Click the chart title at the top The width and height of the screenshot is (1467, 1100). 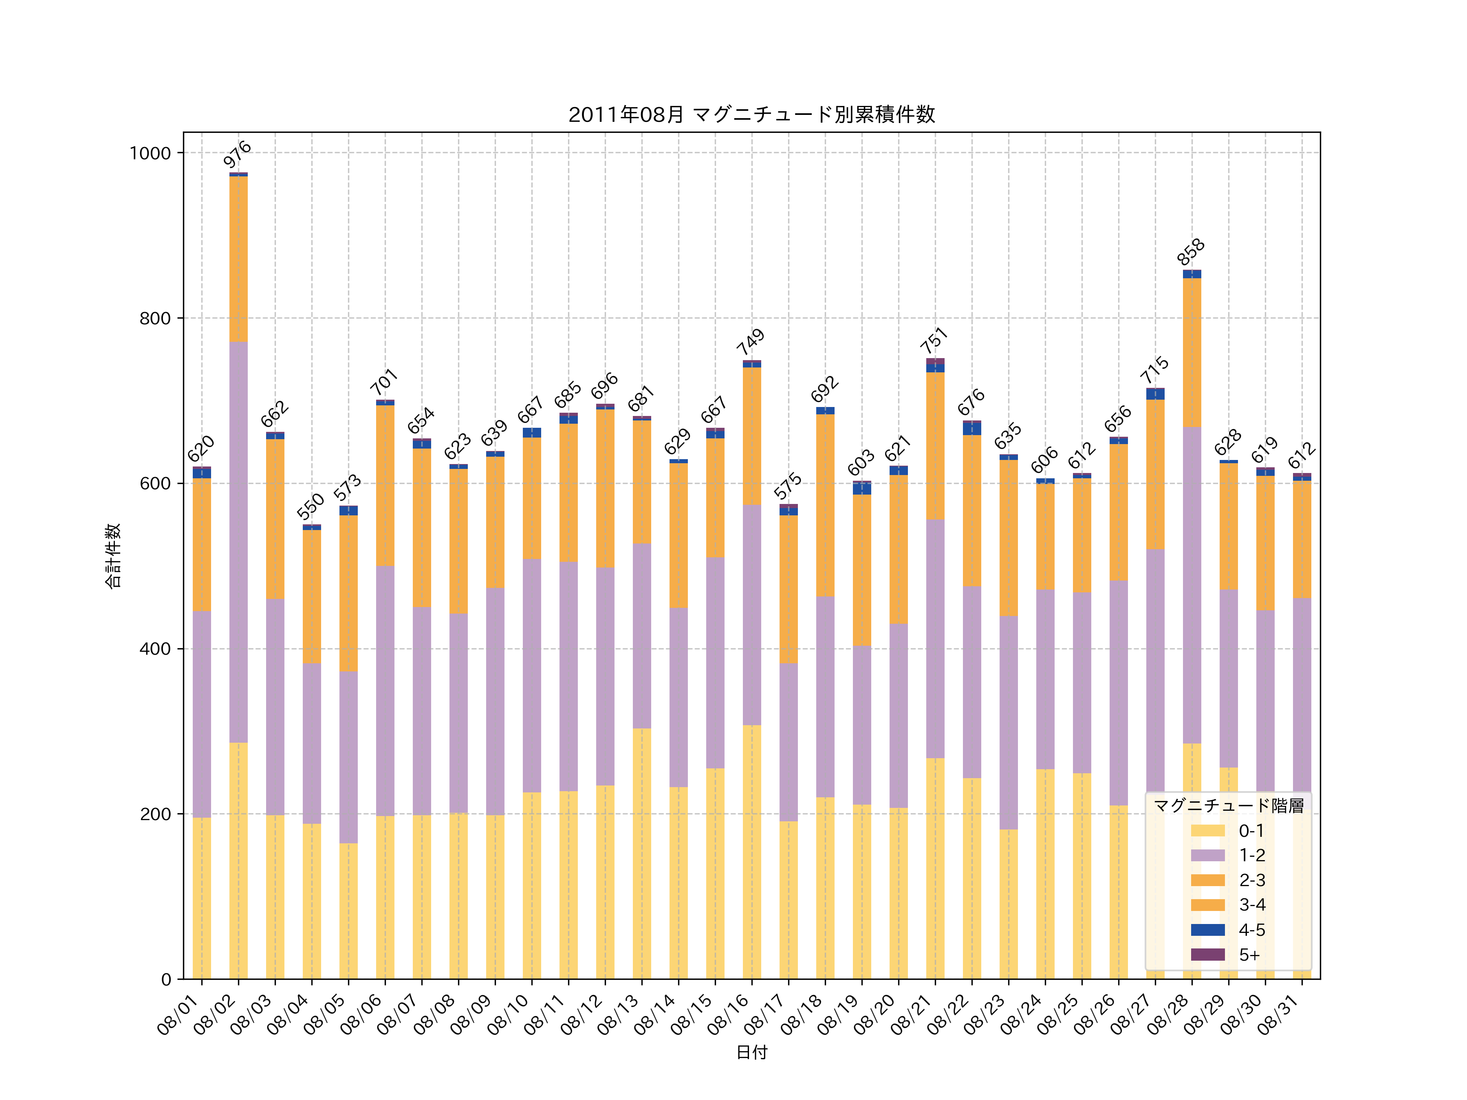click(751, 115)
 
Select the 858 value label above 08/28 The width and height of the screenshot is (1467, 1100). click(1191, 252)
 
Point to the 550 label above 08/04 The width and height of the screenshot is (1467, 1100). click(311, 506)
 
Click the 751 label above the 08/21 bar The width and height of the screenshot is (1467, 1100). click(934, 341)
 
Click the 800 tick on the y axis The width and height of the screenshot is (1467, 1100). click(154, 318)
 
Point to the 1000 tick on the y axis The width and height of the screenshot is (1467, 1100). click(150, 153)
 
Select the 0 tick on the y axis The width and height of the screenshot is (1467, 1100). click(166, 979)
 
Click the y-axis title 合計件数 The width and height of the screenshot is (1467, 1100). click(113, 556)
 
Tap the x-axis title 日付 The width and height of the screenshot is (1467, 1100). click(751, 1052)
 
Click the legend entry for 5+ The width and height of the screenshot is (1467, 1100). click(1227, 955)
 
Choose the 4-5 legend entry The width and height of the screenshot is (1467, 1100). click(1227, 930)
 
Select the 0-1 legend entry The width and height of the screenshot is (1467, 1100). click(1227, 831)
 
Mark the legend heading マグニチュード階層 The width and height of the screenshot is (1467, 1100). click(1228, 805)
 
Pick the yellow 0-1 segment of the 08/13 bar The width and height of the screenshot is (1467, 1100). click(641, 854)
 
